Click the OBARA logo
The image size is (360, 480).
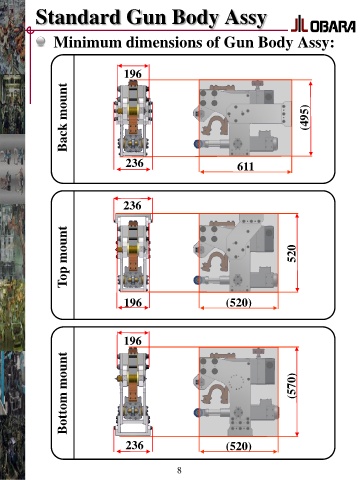point(323,25)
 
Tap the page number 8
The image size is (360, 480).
point(179,470)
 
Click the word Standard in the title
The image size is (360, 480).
point(78,17)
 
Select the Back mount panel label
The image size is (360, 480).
point(62,117)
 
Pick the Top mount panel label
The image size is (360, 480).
point(62,257)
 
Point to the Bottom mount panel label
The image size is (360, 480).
point(62,393)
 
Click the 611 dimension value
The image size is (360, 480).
point(245,166)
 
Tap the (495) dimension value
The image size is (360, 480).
point(304,117)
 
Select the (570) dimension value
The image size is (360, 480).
point(291,385)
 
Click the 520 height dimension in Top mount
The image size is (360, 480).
point(291,253)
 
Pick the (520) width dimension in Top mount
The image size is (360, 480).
point(239,303)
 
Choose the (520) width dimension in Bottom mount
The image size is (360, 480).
point(239,446)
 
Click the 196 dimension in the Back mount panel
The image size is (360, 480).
point(133,74)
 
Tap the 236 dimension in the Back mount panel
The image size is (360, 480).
point(134,163)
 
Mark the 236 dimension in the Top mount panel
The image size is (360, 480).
point(132,205)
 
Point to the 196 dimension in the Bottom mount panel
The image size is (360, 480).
point(133,341)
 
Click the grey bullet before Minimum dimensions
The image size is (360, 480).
point(41,42)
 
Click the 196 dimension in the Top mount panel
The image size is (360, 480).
point(133,302)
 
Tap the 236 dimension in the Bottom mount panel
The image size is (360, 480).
point(134,445)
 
